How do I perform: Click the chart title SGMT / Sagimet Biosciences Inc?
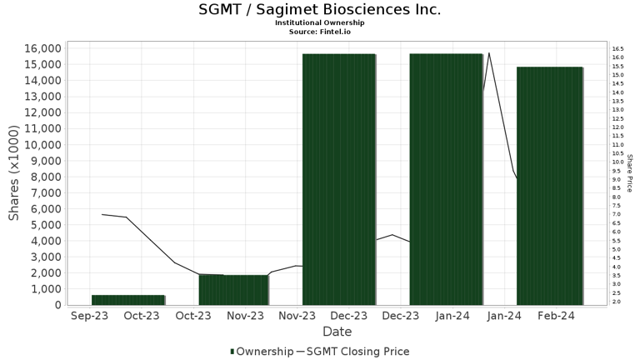point(320,10)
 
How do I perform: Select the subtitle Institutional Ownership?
point(320,22)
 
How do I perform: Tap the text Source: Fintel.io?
point(320,31)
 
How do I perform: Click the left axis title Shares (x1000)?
point(14,173)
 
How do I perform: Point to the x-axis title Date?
point(337,331)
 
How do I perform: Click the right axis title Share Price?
point(630,173)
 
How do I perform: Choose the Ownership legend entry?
point(261,352)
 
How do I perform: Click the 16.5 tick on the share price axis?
point(617,50)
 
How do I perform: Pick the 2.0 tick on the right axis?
point(617,302)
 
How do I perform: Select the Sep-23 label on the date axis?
point(89,316)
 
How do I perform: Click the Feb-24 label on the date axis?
point(556,316)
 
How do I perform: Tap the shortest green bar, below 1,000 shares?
point(128,300)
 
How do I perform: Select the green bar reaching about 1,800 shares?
point(234,290)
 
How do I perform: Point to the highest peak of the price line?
point(489,53)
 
